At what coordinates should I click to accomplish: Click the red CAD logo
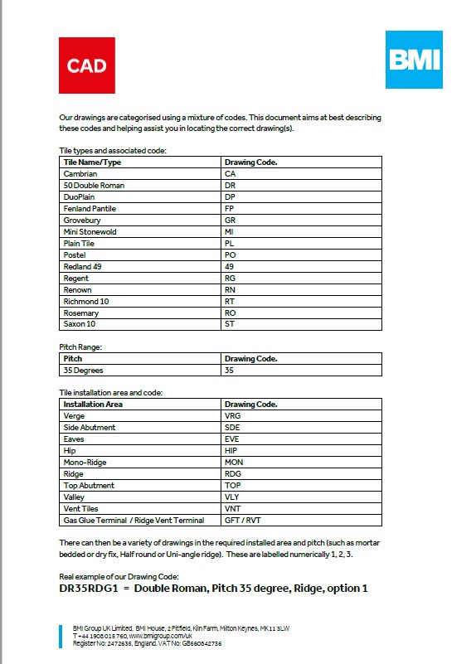tap(86, 65)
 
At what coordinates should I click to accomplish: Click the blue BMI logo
tap(414, 60)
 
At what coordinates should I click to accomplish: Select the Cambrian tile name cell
tap(80, 174)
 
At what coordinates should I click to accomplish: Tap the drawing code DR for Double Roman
tap(231, 186)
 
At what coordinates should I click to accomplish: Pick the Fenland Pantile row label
tap(90, 209)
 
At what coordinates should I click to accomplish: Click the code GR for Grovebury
tap(231, 221)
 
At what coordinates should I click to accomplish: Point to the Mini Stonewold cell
tap(90, 232)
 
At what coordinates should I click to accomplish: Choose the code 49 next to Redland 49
tap(230, 267)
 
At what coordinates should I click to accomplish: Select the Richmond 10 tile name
tap(86, 302)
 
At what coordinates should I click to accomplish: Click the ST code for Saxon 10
tap(230, 325)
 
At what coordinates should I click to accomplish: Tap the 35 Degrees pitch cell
tap(83, 371)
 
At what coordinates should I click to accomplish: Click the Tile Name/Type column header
tap(92, 162)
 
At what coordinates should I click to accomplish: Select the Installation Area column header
tap(93, 405)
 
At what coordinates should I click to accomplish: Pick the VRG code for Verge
tap(232, 416)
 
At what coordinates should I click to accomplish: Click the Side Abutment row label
tap(90, 428)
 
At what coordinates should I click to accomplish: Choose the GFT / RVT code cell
tap(243, 520)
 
